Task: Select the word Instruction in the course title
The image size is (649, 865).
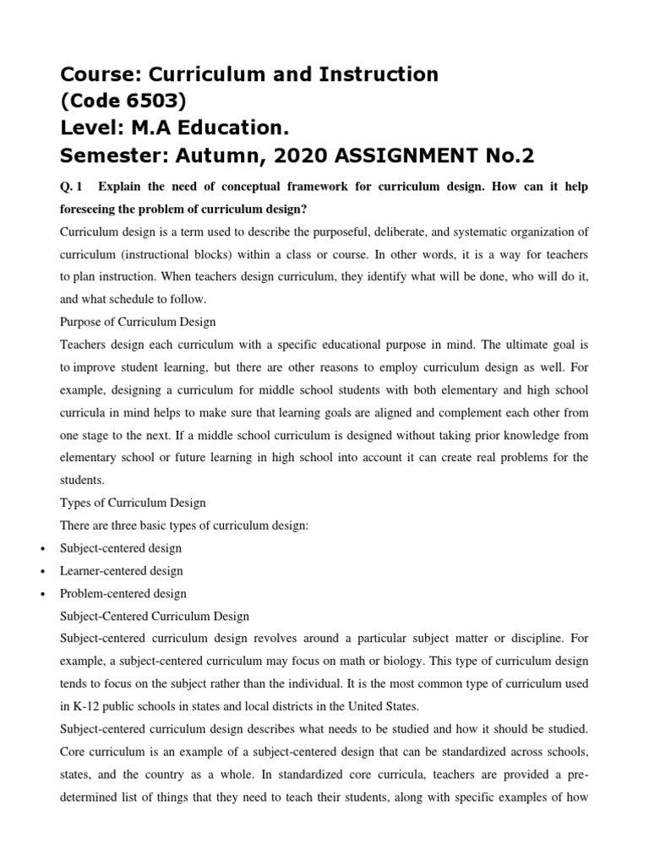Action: [374, 74]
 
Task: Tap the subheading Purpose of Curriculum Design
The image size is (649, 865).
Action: [138, 321]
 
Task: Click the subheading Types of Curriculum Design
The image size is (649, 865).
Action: [133, 503]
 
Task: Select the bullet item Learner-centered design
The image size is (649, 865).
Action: [121, 571]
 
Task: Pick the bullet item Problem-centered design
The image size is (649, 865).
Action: [123, 594]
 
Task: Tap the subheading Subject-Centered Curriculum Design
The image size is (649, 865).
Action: [155, 617]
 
